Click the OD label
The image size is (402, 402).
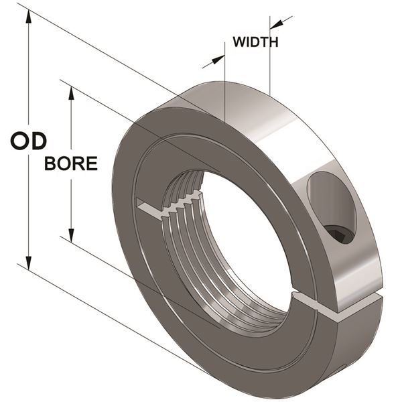pyautogui.click(x=28, y=141)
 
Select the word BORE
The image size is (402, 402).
pyautogui.click(x=71, y=163)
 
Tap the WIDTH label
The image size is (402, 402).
pyautogui.click(x=256, y=42)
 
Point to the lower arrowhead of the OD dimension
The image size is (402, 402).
pyautogui.click(x=29, y=262)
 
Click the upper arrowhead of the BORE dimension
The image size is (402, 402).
pyautogui.click(x=71, y=93)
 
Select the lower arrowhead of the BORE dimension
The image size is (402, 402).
pyautogui.click(x=71, y=235)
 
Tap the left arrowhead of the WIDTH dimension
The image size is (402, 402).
pyautogui.click(x=218, y=60)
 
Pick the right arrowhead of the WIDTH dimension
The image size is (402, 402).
pyautogui.click(x=277, y=24)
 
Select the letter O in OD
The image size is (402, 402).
pyautogui.click(x=20, y=141)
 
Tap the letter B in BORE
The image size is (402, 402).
pyautogui.click(x=50, y=163)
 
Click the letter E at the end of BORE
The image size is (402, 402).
pyautogui.click(x=92, y=163)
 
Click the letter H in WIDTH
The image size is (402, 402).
pyautogui.click(x=273, y=42)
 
